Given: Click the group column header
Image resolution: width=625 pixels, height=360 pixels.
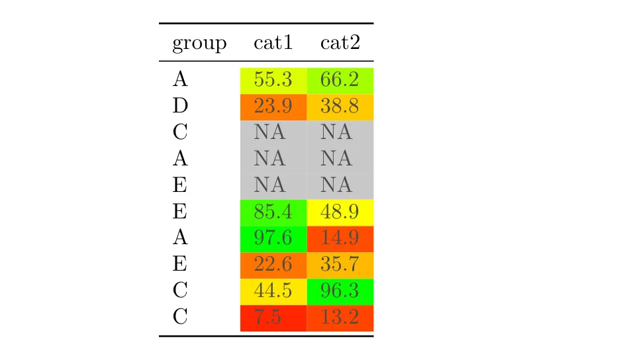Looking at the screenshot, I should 199,44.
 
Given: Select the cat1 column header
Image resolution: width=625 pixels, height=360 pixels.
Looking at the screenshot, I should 273,44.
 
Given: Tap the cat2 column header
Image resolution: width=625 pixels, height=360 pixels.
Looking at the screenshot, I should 340,44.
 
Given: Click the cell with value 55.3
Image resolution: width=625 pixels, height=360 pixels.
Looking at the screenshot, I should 273,80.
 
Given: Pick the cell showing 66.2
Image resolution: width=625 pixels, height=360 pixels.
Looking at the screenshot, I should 340,80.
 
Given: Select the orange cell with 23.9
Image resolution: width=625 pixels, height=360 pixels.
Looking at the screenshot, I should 273,107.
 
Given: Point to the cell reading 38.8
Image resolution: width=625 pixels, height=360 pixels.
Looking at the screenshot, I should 340,107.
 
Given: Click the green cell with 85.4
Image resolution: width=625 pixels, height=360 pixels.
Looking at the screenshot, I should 273,212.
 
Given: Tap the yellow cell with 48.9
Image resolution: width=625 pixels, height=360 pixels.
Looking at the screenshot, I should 340,212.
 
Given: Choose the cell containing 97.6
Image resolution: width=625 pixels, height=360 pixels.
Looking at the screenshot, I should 273,239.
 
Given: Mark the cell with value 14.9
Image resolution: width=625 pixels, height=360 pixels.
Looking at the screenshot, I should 340,239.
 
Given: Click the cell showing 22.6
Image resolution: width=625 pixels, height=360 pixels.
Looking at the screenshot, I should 273,265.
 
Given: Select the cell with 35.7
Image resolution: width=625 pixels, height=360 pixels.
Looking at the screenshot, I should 340,265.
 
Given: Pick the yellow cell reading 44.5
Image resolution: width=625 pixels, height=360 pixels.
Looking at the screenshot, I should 273,291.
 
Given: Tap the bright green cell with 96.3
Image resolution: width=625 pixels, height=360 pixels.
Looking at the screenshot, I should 340,291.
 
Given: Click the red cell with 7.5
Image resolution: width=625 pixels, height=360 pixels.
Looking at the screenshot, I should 273,318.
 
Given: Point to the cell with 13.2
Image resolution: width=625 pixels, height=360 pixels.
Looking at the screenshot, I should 340,318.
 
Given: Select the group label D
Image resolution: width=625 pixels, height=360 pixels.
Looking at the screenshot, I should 180,107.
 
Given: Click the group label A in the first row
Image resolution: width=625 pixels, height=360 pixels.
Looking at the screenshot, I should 180,80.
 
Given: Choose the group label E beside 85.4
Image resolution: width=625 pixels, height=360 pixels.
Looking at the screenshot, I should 180,212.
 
